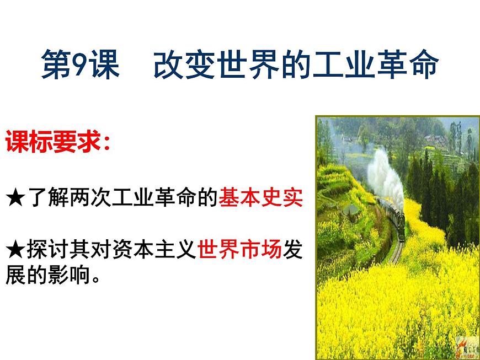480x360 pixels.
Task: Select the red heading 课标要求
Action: (53, 143)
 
